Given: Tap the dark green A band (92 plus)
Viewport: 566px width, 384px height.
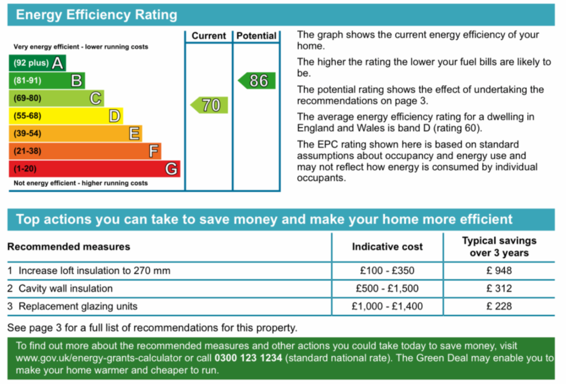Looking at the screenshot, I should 37,63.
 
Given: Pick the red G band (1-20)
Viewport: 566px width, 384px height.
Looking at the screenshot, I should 94,169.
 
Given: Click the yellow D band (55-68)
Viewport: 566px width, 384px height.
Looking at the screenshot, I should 66,116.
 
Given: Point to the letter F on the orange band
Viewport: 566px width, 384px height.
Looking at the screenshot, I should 154,151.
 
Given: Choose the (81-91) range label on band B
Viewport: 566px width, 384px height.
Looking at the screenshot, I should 27,81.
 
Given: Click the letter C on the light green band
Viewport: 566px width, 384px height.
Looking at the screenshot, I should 95,99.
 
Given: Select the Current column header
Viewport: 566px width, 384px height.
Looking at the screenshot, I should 208,36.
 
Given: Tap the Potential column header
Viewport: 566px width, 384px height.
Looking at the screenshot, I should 256,36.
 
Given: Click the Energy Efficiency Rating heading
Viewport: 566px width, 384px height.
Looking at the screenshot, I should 96,15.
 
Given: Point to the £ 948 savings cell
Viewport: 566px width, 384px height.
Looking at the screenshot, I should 499,271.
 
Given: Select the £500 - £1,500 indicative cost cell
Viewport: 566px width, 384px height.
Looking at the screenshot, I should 387,289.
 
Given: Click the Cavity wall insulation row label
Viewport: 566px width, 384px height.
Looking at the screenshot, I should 65,289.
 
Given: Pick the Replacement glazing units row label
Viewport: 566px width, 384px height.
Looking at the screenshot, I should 78,307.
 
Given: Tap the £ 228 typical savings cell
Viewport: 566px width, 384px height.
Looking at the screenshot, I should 499,307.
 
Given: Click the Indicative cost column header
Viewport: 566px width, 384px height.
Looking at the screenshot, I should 387,247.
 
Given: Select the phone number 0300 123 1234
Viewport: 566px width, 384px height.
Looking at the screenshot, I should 249,358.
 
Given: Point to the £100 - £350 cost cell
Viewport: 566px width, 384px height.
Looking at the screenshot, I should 387,271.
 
